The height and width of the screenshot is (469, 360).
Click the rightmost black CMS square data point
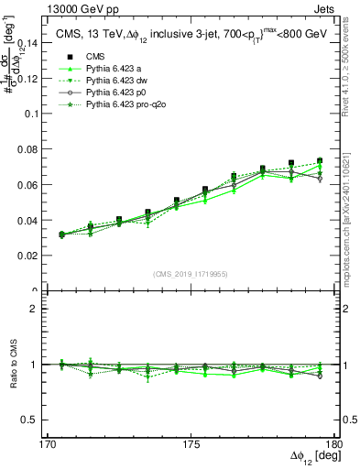point(320,161)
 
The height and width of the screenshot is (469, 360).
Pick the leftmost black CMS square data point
point(61,234)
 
